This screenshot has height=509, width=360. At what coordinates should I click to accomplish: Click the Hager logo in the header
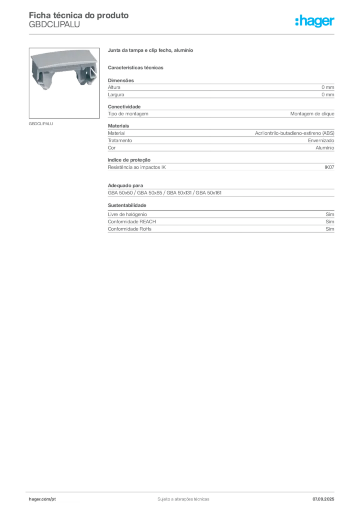coord(314,21)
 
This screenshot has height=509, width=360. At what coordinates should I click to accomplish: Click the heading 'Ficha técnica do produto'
coord(79,15)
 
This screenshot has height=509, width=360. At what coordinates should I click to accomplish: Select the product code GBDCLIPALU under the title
coord(54,25)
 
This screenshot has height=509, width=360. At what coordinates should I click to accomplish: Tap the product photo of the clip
coord(64,83)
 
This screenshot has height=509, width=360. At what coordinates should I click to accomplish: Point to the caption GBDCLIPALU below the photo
coord(41,124)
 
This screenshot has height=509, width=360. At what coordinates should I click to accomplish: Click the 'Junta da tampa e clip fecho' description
coord(151,50)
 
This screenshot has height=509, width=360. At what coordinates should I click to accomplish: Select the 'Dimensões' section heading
coord(121,80)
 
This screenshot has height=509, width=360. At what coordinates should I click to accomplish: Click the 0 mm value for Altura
coord(328,87)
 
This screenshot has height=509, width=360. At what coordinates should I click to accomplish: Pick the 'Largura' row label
coord(116,95)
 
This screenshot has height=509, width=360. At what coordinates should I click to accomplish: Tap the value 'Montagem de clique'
coord(312,114)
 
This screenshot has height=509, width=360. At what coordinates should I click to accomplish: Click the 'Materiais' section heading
coord(118,126)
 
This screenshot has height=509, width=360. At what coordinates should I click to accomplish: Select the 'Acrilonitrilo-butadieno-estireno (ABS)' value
coord(294,133)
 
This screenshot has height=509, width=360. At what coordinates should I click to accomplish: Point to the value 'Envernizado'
coord(321,141)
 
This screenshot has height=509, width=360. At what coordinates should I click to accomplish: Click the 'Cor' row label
coord(112,148)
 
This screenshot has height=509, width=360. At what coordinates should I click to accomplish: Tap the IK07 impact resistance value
coord(329,167)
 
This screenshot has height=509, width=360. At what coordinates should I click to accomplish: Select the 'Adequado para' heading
coord(126,186)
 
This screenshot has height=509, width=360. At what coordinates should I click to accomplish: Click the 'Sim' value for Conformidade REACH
coord(330,222)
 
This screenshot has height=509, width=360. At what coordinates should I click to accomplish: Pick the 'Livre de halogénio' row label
coord(127,215)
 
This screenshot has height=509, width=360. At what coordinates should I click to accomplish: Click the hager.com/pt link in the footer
coord(42,499)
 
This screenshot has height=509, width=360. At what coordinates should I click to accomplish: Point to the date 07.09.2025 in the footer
coord(323,499)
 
